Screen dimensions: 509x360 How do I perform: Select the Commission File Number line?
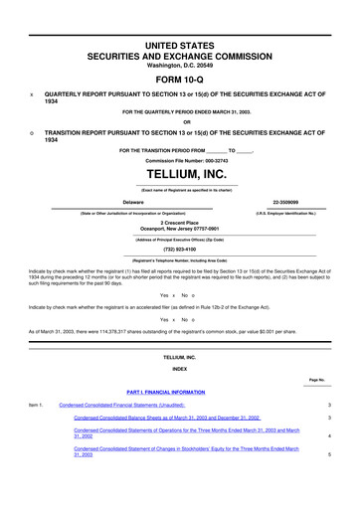[x=180, y=159]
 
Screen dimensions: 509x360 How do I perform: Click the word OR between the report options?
[x=180, y=122]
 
